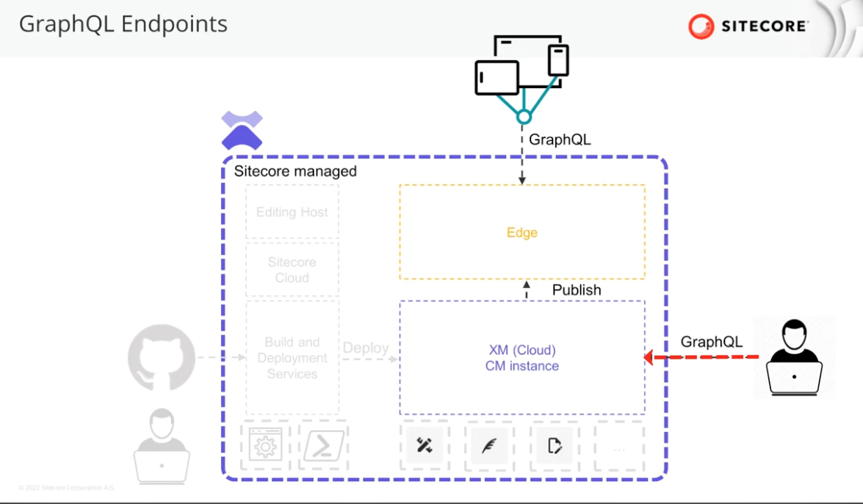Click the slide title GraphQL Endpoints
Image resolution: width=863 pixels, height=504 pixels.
tap(123, 24)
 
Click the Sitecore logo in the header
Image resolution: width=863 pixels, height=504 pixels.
tap(748, 26)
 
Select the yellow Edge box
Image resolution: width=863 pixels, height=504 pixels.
tap(522, 232)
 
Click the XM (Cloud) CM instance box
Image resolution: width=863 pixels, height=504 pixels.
tap(522, 358)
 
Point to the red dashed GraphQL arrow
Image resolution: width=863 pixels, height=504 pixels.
tap(701, 358)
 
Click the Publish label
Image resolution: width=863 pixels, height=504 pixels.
tap(577, 290)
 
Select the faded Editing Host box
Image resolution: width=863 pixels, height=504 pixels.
tap(292, 212)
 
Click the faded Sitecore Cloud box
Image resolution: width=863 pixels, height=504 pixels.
tap(292, 270)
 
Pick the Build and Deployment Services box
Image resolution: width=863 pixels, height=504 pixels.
tap(292, 358)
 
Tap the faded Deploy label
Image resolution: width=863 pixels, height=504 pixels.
tap(365, 348)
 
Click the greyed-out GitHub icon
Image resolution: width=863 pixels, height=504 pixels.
tap(162, 358)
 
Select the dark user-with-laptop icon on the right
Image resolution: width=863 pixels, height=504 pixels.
tap(794, 358)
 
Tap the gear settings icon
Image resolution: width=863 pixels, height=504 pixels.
tap(264, 446)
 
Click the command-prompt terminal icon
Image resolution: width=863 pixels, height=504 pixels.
tap(324, 446)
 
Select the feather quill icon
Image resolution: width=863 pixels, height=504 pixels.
tap(489, 446)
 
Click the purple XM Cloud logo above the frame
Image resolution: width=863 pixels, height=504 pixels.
tap(242, 130)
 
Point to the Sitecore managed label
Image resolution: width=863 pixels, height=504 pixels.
tap(295, 171)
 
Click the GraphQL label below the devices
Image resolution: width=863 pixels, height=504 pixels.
tap(560, 140)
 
